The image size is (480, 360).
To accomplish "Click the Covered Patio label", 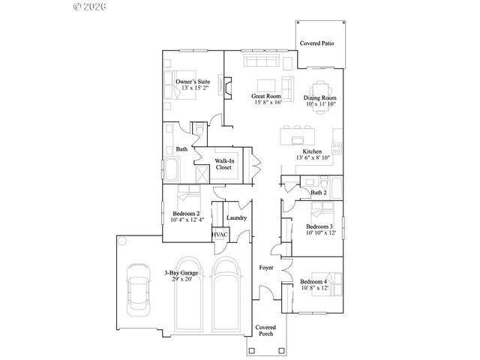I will point(317,43).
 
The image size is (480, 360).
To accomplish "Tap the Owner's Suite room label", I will point(193,81).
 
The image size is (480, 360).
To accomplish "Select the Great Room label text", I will point(266,96).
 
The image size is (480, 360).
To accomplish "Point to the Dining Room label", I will point(320,98).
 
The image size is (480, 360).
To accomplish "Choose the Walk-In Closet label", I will point(223,164).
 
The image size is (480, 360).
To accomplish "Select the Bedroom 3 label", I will point(319,226).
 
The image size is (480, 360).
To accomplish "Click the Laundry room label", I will point(237,217).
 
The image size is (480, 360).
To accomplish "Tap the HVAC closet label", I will point(220,235).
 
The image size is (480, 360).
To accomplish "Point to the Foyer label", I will point(266,267).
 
